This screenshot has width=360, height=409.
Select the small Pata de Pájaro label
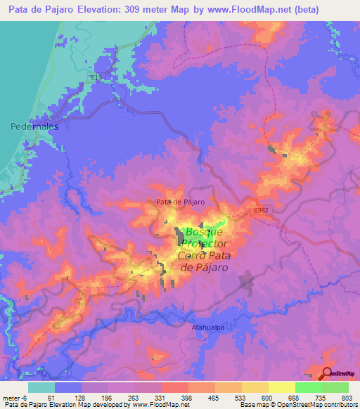tap(180, 202)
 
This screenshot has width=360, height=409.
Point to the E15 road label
tap(96, 76)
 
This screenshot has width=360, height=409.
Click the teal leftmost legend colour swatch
tap(41, 387)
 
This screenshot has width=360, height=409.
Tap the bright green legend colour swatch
tap(308, 387)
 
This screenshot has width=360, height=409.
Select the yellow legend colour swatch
tap(281, 387)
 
